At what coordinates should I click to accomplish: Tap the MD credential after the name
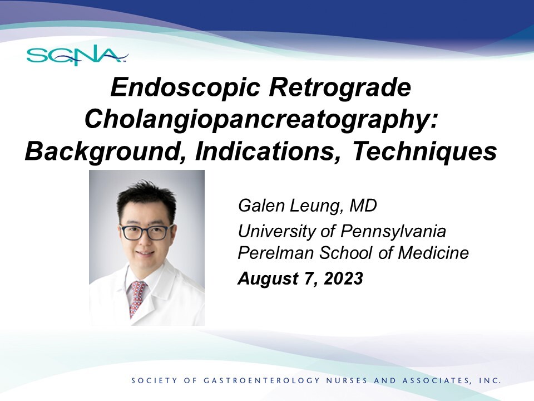click(363, 206)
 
